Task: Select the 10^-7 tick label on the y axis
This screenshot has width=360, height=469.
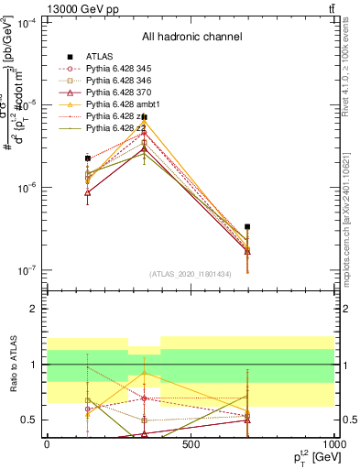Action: (x=29, y=270)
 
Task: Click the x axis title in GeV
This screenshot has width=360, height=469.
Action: (x=311, y=458)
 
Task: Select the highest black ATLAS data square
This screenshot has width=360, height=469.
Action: (x=144, y=117)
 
